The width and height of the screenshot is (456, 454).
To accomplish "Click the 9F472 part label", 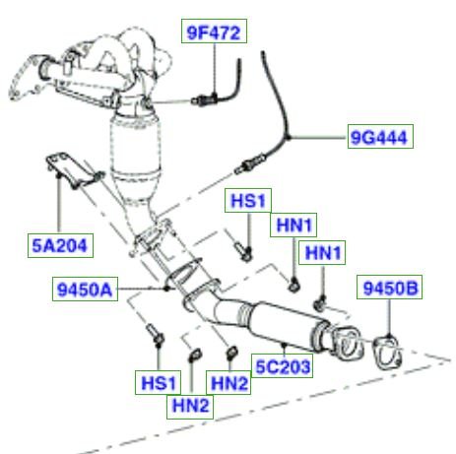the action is [214, 32].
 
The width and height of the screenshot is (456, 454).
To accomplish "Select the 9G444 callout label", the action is [380, 137].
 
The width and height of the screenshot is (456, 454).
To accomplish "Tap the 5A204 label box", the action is [60, 245].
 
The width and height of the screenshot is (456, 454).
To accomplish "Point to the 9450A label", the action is [85, 290].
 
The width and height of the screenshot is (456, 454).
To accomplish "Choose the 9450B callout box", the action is [389, 288].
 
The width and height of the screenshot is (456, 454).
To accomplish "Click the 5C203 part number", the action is [282, 365].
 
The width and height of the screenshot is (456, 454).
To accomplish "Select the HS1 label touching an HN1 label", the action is [248, 200].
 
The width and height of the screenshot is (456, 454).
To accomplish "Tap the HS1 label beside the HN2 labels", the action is [158, 382].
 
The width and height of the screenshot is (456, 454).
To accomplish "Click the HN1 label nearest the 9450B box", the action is [322, 252].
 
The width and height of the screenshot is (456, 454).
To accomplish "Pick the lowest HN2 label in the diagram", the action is [190, 407].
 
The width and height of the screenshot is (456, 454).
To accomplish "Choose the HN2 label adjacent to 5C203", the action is [228, 382].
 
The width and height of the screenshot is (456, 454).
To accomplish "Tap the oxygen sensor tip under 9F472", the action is [204, 98].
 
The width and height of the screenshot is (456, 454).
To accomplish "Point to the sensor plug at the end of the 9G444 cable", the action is [250, 163].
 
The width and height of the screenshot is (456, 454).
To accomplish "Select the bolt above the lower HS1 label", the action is [155, 334].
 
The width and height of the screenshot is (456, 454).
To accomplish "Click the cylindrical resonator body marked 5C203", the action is [285, 325].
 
